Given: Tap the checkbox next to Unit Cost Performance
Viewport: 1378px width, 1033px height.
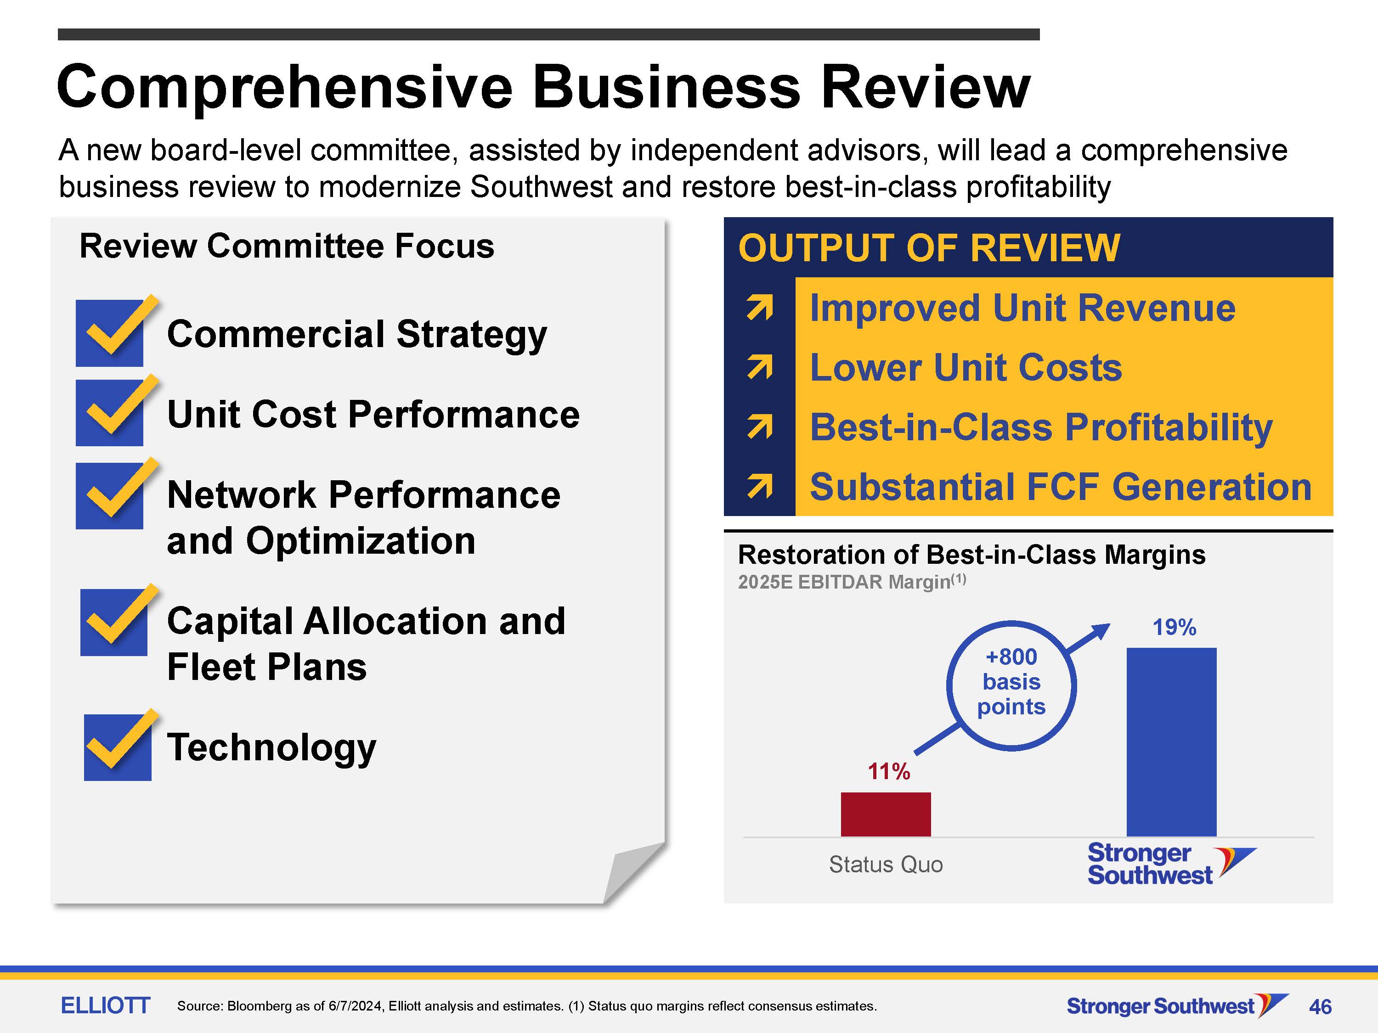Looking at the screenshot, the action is coord(110,413).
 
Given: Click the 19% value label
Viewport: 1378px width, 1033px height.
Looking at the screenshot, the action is coord(1175,627).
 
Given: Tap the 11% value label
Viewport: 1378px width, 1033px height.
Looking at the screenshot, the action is coord(889,771).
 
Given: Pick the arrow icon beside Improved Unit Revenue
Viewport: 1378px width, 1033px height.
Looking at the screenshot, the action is coord(759,308).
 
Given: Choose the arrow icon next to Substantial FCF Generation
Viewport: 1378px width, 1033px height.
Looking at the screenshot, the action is coord(759,486).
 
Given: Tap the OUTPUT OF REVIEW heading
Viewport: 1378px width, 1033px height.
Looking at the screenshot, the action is coord(929,248).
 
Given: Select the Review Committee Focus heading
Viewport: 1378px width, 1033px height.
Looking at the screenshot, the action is coord(287,246).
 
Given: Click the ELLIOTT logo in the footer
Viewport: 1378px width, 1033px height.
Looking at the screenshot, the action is coord(105,1005).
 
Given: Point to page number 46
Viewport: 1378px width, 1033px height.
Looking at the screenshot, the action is coord(1320,1006).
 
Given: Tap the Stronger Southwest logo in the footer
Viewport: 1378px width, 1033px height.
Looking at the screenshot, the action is coord(1177,1005).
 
